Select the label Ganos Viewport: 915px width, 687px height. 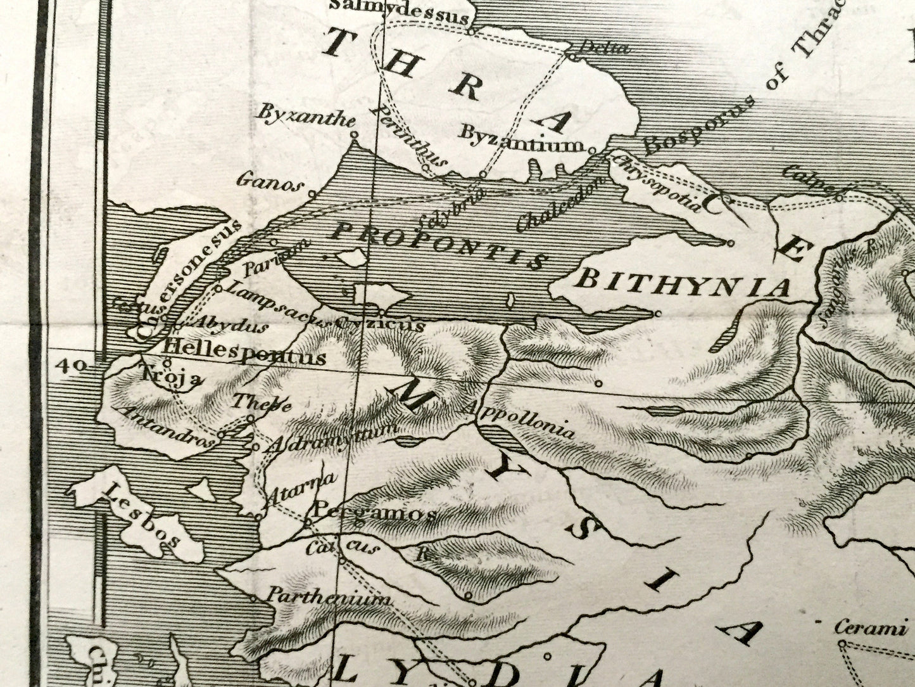coord(267,182)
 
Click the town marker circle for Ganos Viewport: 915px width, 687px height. coord(312,193)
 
